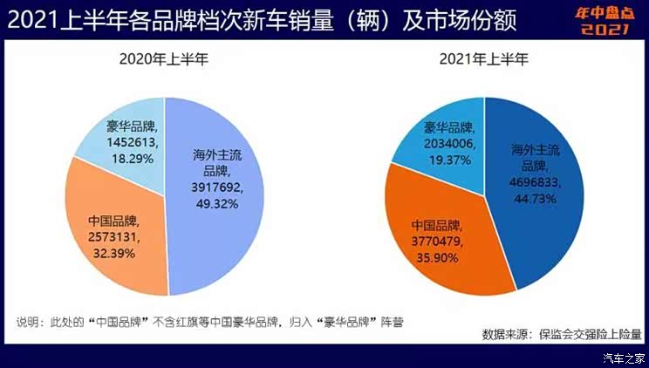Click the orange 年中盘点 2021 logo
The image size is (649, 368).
point(603,21)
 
